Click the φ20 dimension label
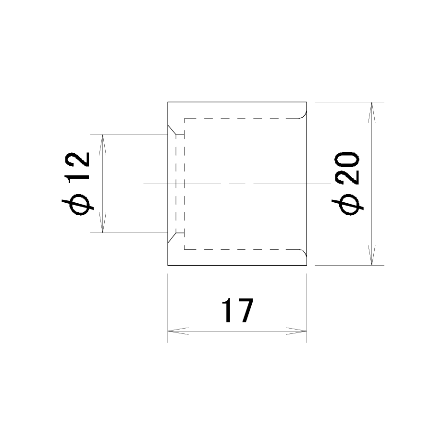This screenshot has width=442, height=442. coord(347,183)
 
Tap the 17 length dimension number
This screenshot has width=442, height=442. coord(238,310)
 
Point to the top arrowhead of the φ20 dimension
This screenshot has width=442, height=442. coord(371,112)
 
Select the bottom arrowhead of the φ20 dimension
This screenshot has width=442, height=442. coord(371,255)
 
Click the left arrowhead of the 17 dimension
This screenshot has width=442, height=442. coord(178,331)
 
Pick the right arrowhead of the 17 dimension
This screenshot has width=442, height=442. coord(296,331)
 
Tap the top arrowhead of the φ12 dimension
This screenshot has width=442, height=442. coord(103,145)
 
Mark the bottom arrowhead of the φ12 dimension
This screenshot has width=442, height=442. coord(103,222)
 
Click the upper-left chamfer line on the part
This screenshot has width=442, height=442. coord(172,130)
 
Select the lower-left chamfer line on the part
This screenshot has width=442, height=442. coord(172,238)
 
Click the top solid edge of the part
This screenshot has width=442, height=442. coord(237,102)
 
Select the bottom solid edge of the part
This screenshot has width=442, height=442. coord(237,265)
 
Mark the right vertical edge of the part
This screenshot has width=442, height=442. coord(307,184)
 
